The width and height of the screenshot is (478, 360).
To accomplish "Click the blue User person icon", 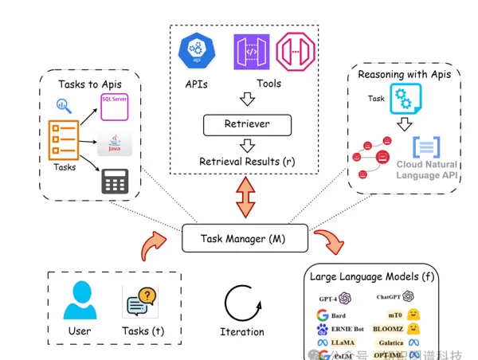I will [80, 300].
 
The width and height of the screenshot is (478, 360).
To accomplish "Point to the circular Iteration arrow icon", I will [241, 303].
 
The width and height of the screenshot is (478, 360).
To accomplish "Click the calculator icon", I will [115, 183].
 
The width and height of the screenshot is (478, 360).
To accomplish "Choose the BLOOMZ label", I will [388, 328].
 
